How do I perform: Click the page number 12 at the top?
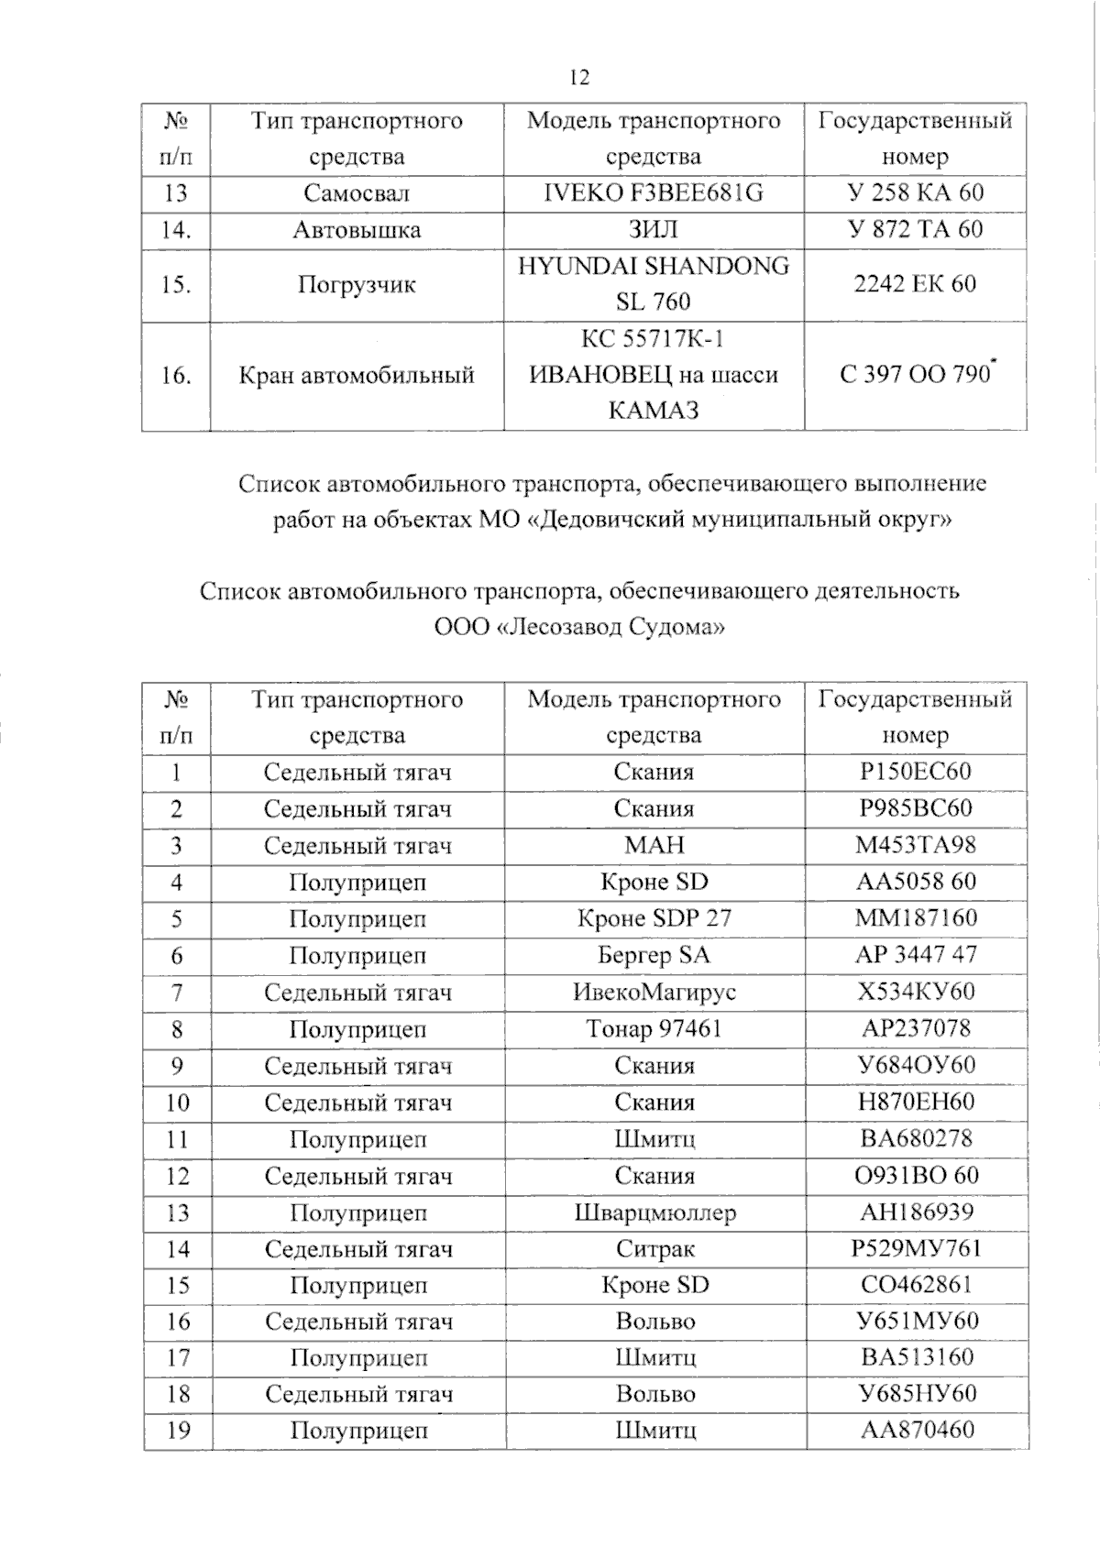pos(579,77)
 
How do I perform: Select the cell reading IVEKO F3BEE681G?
pos(653,193)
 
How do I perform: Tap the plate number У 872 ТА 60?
pos(914,229)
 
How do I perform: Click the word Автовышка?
pos(357,229)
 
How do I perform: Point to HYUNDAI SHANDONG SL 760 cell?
pos(653,284)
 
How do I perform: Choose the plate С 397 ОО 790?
pos(914,375)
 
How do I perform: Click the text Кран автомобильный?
pos(357,375)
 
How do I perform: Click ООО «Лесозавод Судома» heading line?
pos(579,628)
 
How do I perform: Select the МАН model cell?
pos(654,845)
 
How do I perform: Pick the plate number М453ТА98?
pos(915,845)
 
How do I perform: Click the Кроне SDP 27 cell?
pos(654,918)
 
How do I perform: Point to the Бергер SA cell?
pos(654,955)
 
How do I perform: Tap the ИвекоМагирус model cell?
pos(654,992)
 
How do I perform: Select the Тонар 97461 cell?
pos(654,1029)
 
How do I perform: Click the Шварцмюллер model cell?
pos(654,1212)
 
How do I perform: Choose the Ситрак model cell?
pos(654,1249)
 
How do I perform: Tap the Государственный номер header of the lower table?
pos(915,717)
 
